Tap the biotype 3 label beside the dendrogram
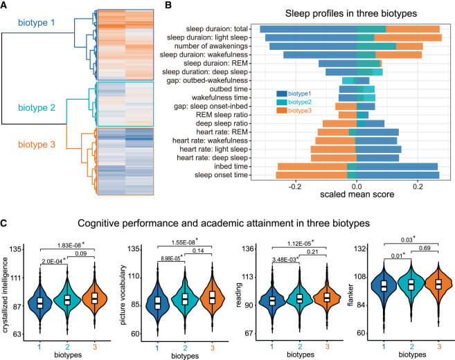39,147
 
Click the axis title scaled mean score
356,196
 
